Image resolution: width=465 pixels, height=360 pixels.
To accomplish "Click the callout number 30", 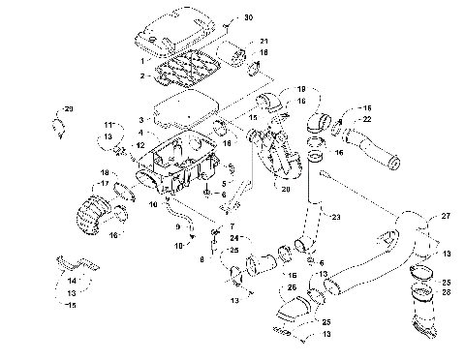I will tap(246, 18).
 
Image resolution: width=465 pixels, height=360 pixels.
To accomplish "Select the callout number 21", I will tap(263, 41).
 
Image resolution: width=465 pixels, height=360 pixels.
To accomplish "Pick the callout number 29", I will tap(69, 107).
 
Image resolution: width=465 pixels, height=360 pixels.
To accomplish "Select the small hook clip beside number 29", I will tap(57, 123).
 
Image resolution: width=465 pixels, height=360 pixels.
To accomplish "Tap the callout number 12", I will tap(139, 146).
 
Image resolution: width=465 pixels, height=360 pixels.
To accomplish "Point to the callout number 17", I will tap(102, 184).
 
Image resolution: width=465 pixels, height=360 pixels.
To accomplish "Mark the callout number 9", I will tap(177, 227).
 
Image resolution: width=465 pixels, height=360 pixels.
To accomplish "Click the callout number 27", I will tap(446, 216).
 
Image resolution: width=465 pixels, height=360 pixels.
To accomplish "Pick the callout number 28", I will tap(446, 290).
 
